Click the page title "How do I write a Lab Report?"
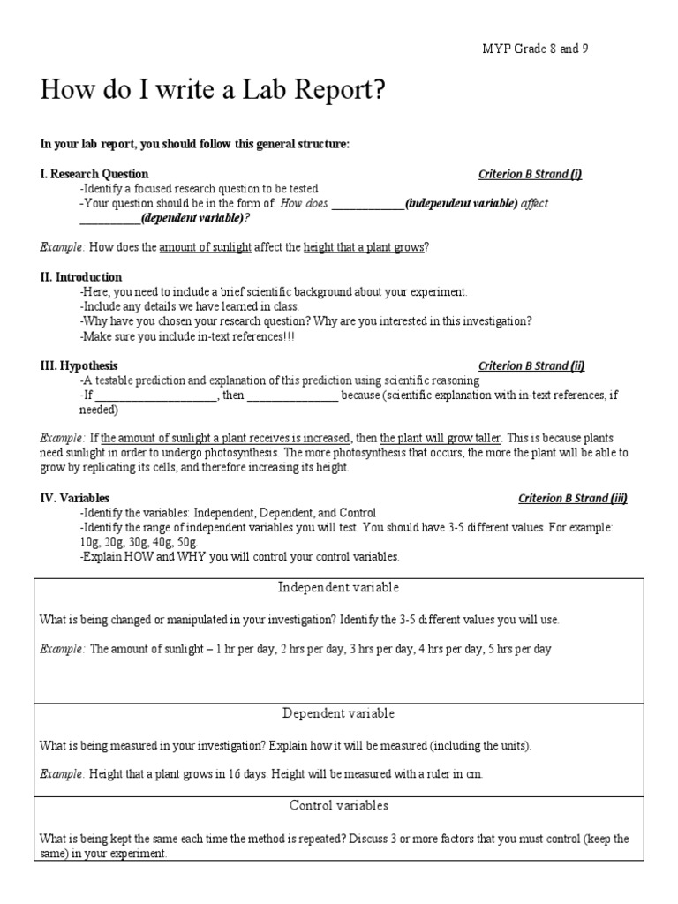pyautogui.click(x=213, y=91)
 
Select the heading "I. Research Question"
pyautogui.click(x=94, y=174)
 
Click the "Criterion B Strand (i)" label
pyautogui.click(x=530, y=174)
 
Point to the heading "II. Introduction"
pyautogui.click(x=81, y=277)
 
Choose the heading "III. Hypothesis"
pyautogui.click(x=79, y=365)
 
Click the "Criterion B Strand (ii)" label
pyautogui.click(x=531, y=365)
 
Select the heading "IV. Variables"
pyautogui.click(x=75, y=498)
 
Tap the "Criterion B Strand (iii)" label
pyautogui.click(x=573, y=498)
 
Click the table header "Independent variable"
pyautogui.click(x=339, y=588)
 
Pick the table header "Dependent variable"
pyautogui.click(x=339, y=713)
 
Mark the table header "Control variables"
pyautogui.click(x=339, y=806)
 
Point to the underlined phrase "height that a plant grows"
pyautogui.click(x=364, y=247)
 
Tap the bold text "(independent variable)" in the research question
pyautogui.click(x=461, y=203)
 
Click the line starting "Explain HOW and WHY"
pyautogui.click(x=239, y=557)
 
